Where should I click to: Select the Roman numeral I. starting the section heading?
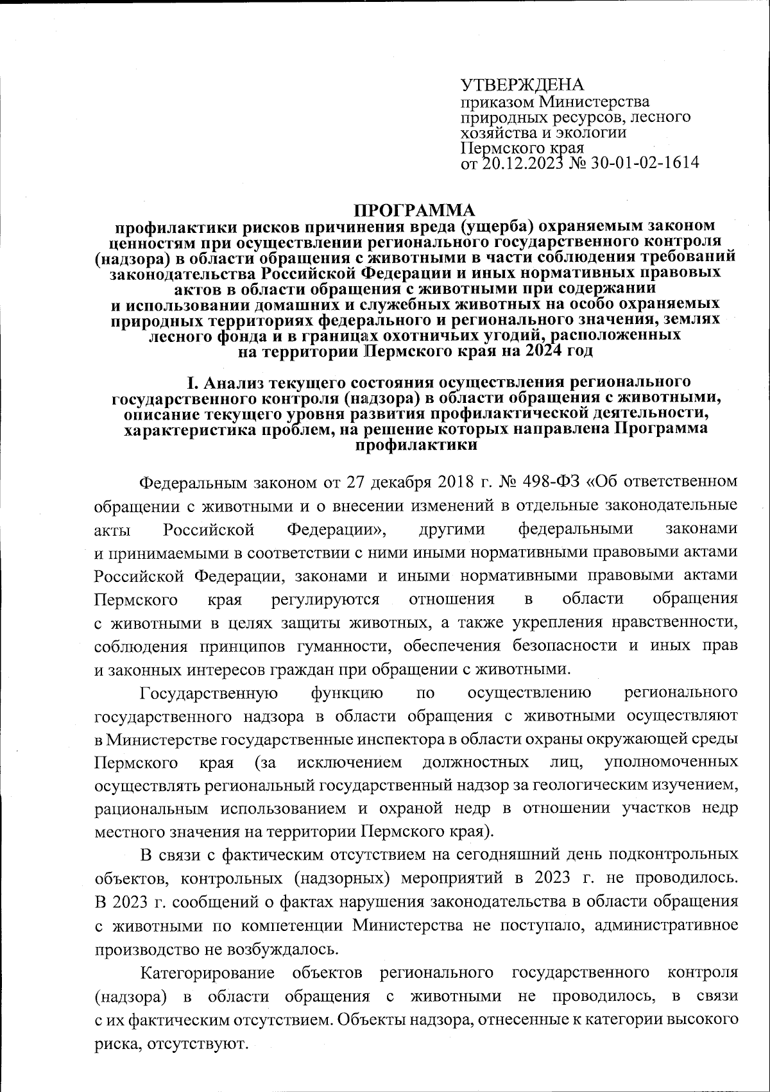coord(191,384)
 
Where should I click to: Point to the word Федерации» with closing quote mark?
coord(337,529)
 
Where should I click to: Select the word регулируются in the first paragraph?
coord(325,599)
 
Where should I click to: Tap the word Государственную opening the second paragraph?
coord(209,693)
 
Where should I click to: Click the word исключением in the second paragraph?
coord(350,762)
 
